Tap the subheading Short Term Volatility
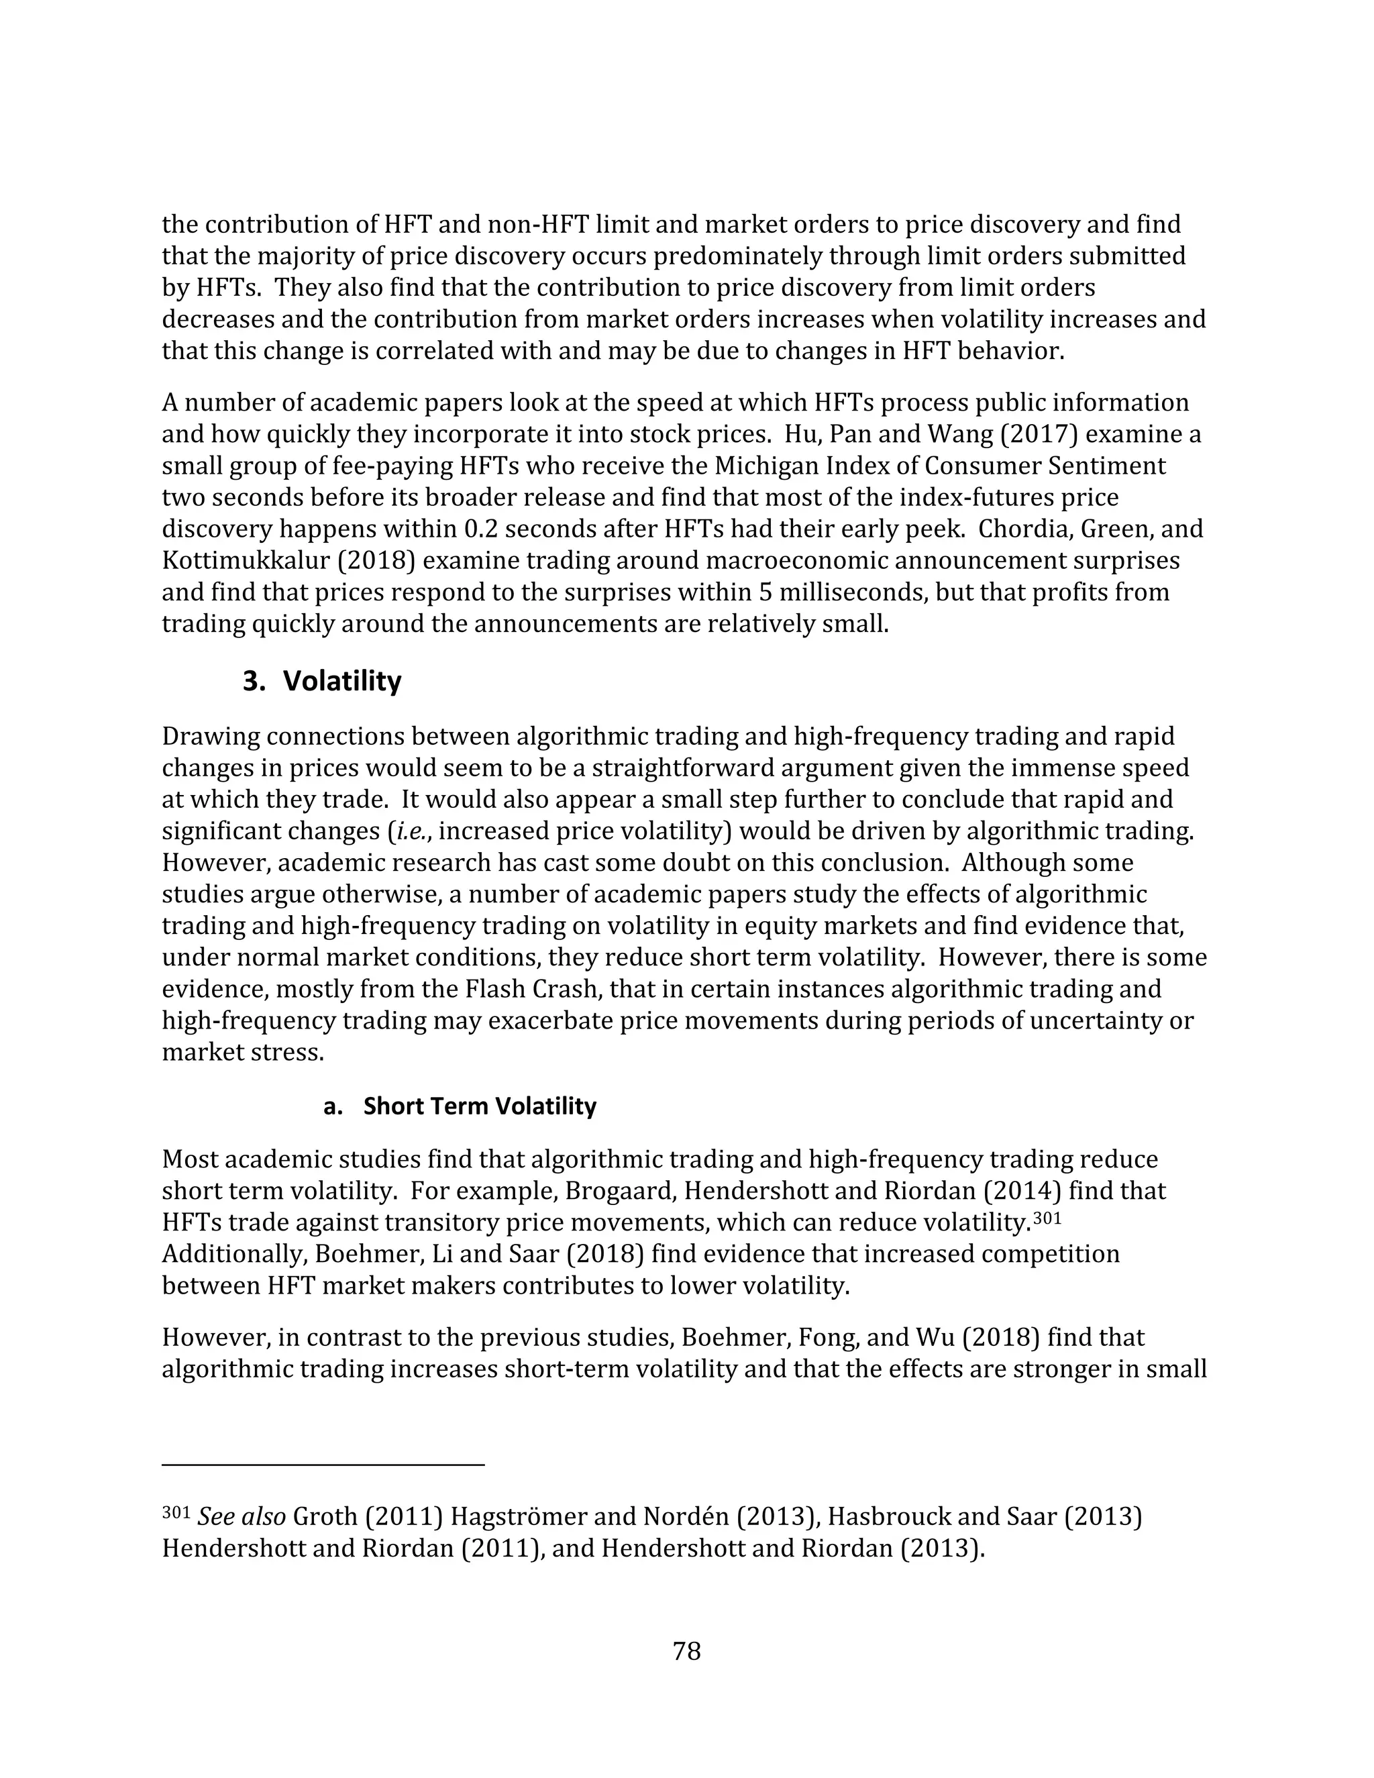[x=480, y=1106]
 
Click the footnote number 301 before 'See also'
[x=175, y=1512]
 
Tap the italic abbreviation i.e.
[x=412, y=831]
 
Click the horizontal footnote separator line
[x=323, y=1465]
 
